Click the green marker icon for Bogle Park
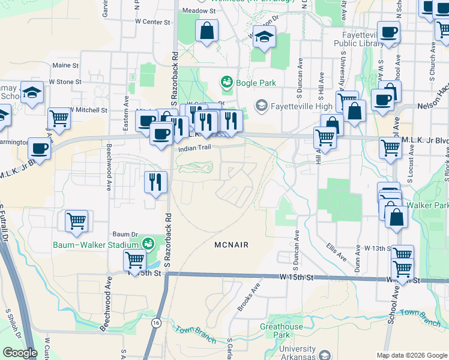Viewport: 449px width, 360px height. (x=227, y=82)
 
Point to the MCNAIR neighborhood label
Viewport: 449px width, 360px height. (x=231, y=245)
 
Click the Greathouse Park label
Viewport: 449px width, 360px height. (x=281, y=331)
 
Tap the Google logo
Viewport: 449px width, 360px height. (x=20, y=353)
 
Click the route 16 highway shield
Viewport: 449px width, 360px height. (x=156, y=323)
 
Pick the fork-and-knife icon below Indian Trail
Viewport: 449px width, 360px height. (x=156, y=182)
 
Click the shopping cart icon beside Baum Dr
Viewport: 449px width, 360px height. (x=77, y=220)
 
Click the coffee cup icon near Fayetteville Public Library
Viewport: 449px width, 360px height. (x=388, y=32)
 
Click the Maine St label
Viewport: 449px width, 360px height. (x=65, y=65)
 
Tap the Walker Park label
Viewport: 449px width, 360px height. (x=435, y=206)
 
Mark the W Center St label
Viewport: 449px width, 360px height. (x=152, y=22)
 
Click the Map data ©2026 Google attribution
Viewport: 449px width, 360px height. (x=411, y=355)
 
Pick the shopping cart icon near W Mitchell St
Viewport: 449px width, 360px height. (x=59, y=118)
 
